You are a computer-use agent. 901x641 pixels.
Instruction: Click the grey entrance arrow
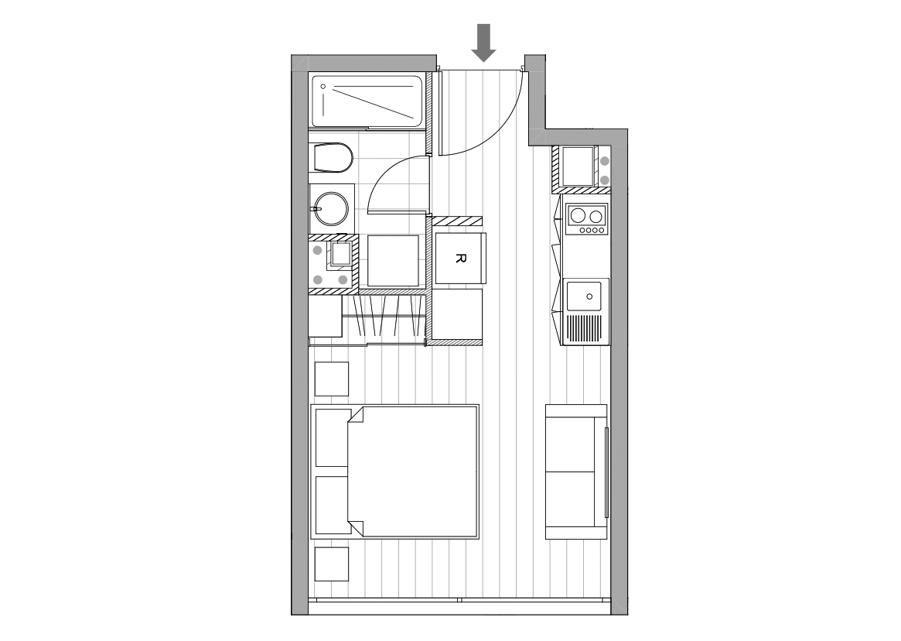484,43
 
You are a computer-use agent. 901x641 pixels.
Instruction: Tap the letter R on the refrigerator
459,259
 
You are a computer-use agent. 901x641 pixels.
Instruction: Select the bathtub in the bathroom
367,101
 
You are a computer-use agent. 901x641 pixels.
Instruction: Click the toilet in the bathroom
333,158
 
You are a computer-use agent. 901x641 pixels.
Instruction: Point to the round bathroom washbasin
330,208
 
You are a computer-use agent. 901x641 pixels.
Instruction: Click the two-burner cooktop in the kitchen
587,219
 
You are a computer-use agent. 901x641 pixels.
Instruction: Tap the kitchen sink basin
585,297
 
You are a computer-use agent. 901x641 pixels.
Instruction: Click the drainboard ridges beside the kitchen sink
585,328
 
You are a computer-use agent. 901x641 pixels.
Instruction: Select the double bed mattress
413,471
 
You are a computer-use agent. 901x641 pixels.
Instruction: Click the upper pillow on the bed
332,438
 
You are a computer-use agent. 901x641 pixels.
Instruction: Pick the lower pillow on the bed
332,505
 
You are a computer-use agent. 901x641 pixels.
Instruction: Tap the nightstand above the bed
332,379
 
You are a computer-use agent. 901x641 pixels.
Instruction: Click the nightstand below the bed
332,564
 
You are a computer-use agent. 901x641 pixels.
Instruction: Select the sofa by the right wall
576,471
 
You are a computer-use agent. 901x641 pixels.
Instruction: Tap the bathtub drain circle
323,86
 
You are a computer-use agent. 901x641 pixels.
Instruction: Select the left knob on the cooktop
582,230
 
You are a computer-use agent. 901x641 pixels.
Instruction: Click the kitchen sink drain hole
589,297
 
